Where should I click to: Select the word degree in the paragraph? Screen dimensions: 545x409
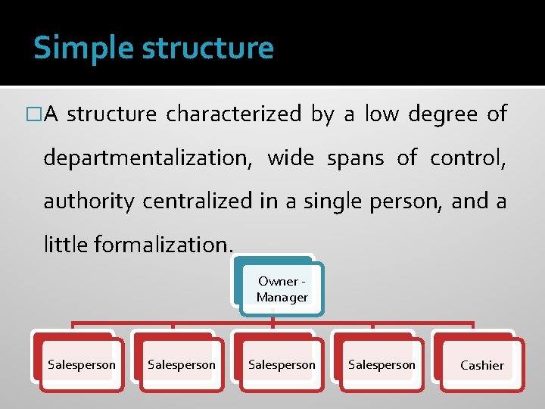[443, 114]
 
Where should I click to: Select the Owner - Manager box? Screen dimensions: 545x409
[282, 289]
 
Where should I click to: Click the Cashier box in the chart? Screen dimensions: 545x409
[481, 365]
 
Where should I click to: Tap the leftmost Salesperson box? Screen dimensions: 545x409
[82, 365]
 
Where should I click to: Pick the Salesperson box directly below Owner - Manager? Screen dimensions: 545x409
[282, 365]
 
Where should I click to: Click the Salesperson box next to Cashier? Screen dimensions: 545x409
[381, 365]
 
